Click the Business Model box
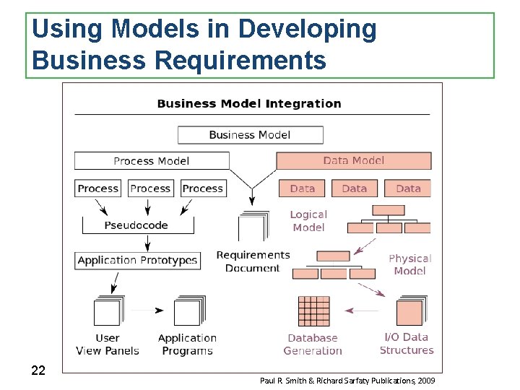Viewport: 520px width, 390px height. click(250, 135)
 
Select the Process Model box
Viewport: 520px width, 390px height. click(152, 160)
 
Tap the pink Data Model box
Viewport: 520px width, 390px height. click(354, 160)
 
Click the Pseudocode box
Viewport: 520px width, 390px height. click(136, 225)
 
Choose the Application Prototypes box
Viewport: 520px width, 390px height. click(137, 260)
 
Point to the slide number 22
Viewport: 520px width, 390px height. click(39, 370)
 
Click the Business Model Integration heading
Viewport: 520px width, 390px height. click(249, 103)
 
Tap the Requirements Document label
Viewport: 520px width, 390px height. click(253, 261)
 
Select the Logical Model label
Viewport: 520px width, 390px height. click(308, 221)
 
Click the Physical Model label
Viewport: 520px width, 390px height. click(409, 264)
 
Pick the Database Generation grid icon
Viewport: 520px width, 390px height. click(313, 311)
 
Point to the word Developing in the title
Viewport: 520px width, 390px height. click(307, 29)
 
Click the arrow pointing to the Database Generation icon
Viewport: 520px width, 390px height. click(361, 311)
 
